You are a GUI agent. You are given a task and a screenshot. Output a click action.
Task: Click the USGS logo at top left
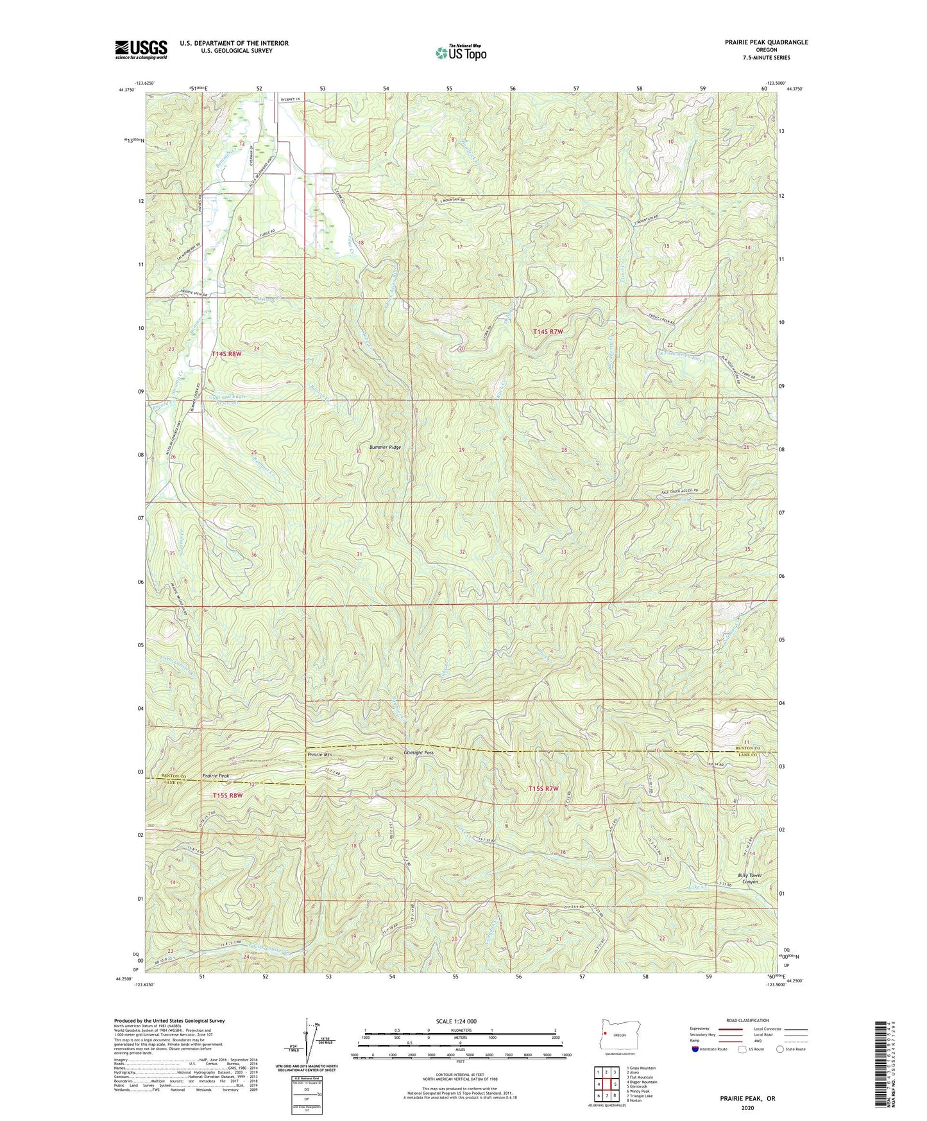pos(141,49)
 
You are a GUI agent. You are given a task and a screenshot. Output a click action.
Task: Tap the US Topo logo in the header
pos(460,53)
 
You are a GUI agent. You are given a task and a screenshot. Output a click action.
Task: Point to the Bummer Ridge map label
pos(385,447)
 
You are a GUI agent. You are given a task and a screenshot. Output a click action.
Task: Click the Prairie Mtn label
pos(321,754)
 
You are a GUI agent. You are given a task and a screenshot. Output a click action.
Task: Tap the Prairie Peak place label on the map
pos(216,776)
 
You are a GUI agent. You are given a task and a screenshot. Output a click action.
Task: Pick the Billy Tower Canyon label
pos(749,878)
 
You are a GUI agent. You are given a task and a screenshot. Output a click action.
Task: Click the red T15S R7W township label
pos(543,788)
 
